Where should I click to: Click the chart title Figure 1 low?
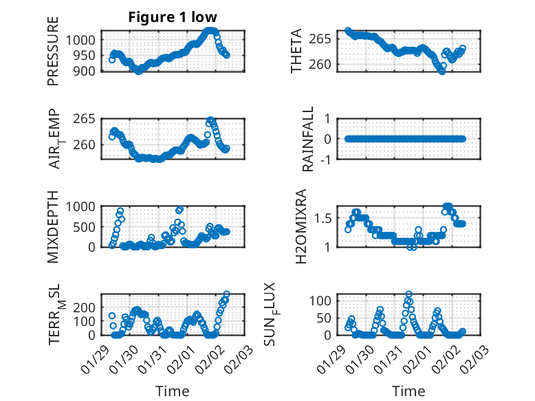coord(173,18)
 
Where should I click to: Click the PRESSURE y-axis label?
coord(53,52)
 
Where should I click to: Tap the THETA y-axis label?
coord(296,52)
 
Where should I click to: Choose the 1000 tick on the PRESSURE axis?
coord(83,40)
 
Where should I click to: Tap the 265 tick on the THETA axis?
coord(326,39)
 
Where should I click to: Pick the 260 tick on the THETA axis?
coord(326,64)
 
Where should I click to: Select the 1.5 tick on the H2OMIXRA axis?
coord(327,218)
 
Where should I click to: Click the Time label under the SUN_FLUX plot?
coord(408,391)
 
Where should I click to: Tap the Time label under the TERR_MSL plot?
coord(173,391)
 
